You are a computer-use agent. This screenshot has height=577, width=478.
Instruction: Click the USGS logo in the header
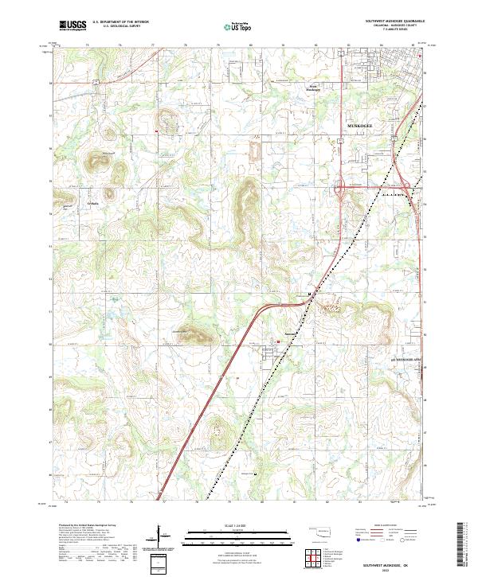pos(72,25)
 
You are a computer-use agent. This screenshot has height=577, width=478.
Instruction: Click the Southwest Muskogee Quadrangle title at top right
pos(395,21)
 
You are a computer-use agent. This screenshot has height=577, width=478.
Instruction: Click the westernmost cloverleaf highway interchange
pos(341,190)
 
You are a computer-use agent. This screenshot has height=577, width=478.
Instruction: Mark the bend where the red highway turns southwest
pos(267,308)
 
